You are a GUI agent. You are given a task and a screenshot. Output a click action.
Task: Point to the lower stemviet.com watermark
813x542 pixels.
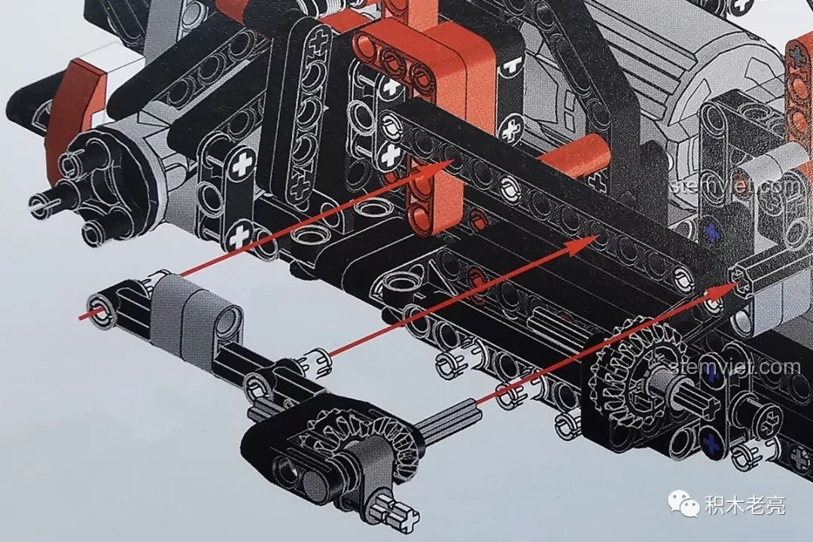[735, 367]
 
